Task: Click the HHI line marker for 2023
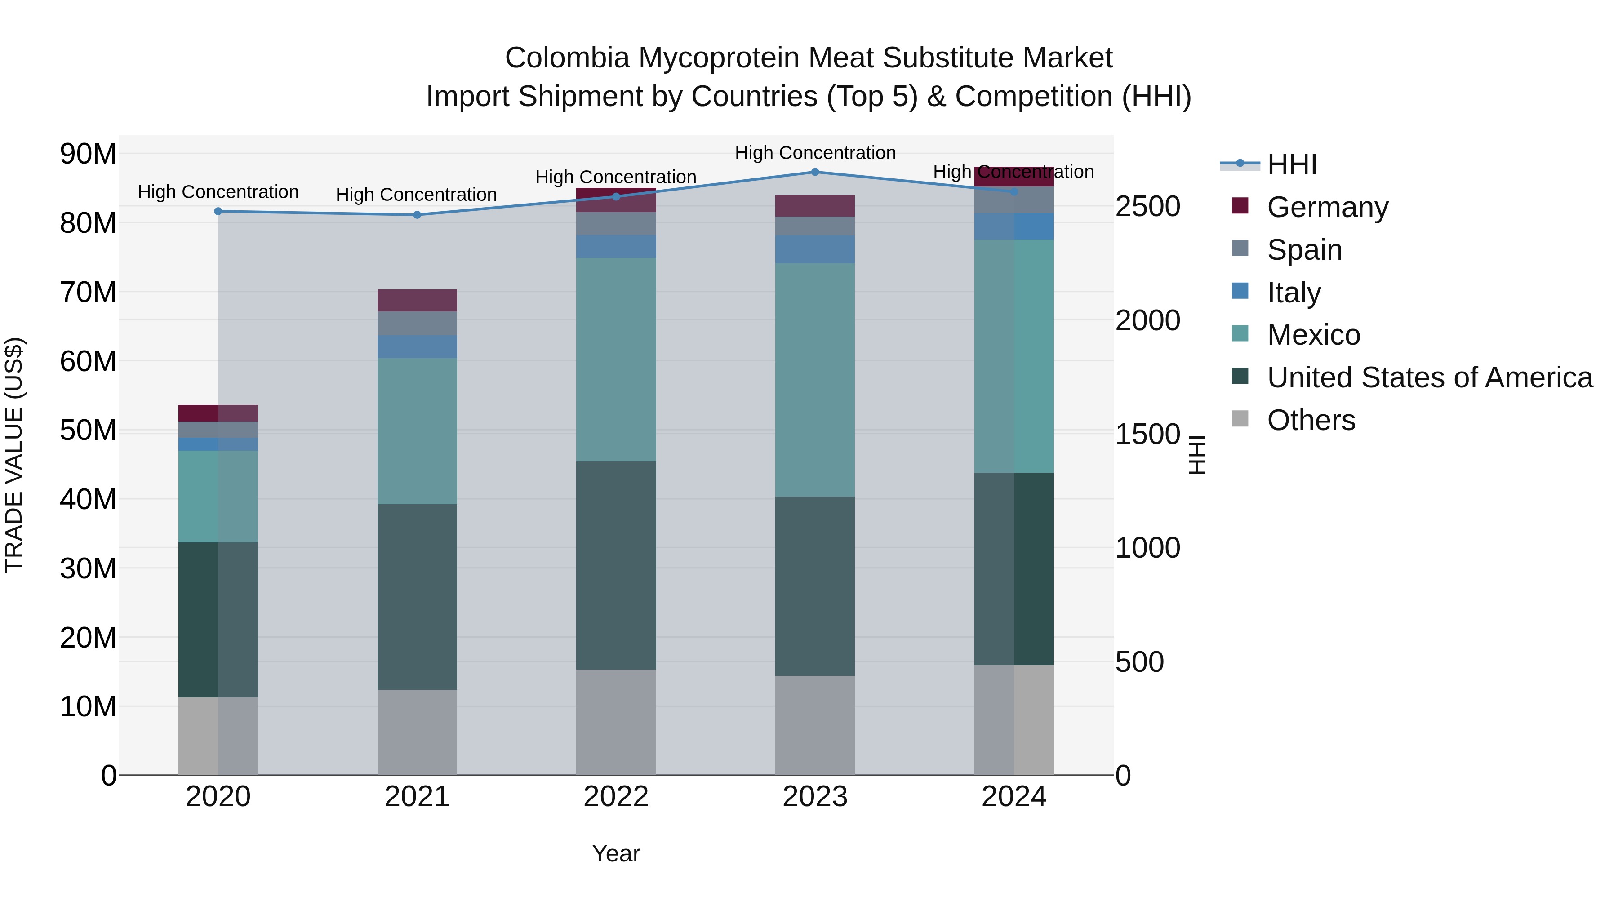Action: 815,172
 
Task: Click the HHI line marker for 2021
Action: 417,215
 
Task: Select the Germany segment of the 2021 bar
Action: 417,300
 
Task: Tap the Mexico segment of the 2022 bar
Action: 616,359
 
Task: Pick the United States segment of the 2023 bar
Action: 815,586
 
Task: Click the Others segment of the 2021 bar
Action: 417,732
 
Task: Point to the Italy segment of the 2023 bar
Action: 815,249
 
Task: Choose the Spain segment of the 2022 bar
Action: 616,224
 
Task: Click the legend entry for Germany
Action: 1327,207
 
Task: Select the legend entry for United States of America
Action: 1429,377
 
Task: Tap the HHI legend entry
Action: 1291,164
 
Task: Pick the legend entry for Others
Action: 1311,420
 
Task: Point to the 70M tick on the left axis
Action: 88,293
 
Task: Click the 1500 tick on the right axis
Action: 1147,435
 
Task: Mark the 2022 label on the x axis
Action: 616,797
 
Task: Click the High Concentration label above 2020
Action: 218,192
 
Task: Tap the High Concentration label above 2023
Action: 815,153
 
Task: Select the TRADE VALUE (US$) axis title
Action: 14,455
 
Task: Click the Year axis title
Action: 616,853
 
